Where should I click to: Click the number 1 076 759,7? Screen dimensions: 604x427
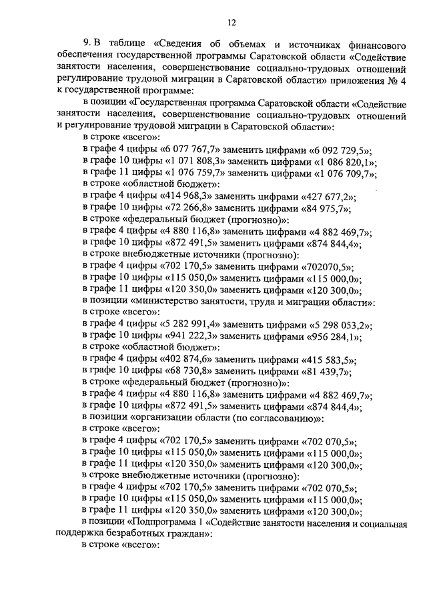pyautogui.click(x=196, y=174)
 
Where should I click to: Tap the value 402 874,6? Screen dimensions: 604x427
pyautogui.click(x=187, y=361)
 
